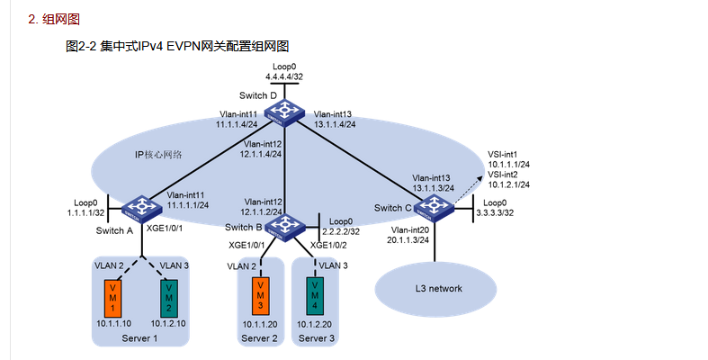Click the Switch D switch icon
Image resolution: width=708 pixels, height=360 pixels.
click(284, 112)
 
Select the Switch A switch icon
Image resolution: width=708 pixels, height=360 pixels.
click(142, 208)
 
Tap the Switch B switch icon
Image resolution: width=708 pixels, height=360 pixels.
click(284, 227)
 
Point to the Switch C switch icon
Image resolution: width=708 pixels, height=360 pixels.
click(434, 208)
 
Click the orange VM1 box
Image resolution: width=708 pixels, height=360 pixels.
click(112, 298)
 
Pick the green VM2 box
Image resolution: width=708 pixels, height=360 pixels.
click(169, 298)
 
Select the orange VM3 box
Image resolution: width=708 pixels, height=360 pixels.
click(261, 295)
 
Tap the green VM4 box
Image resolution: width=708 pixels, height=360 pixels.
click(315, 295)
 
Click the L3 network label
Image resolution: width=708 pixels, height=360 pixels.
click(438, 288)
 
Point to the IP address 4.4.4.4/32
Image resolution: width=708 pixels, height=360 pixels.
click(284, 76)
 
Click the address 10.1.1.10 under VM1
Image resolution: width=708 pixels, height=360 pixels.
click(113, 323)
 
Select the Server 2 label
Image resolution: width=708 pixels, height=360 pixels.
click(259, 338)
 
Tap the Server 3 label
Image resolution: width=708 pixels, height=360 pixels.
click(316, 338)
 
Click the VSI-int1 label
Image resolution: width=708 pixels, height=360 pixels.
click(503, 155)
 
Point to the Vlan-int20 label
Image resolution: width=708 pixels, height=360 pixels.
click(410, 230)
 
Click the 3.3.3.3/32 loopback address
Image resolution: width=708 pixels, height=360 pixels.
click(495, 212)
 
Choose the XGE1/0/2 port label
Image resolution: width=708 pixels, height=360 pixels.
click(328, 246)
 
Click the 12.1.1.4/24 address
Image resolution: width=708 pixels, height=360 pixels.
click(261, 154)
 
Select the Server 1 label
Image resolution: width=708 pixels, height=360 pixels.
click(139, 338)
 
